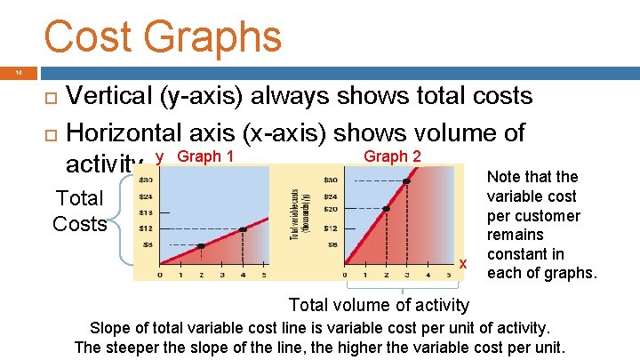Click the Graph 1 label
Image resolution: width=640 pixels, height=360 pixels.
(x=206, y=157)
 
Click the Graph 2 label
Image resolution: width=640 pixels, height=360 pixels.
(x=393, y=157)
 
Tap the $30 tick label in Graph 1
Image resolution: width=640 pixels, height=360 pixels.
(x=145, y=180)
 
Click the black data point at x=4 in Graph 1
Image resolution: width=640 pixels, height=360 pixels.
(x=242, y=229)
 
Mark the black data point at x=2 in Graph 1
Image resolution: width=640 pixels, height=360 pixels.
(x=201, y=245)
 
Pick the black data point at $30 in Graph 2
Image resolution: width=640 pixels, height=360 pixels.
(x=406, y=180)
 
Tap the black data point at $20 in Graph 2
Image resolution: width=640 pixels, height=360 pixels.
(x=386, y=210)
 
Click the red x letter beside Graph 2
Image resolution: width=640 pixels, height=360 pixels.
(x=462, y=263)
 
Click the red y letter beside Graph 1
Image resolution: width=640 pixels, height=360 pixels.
(x=160, y=158)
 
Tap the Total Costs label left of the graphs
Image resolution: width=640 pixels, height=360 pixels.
(x=80, y=211)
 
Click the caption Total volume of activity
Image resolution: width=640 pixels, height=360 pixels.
(x=379, y=305)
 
